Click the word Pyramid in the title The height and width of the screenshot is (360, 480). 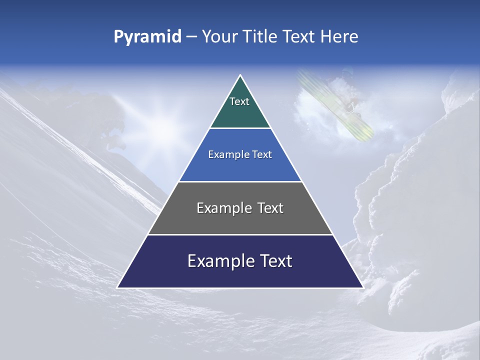coord(147,37)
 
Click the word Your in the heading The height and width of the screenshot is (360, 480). coord(220,36)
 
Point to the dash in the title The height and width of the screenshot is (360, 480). coord(191,37)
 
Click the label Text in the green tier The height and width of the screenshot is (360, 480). coord(239,101)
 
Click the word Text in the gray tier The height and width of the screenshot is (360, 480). coord(270,208)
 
